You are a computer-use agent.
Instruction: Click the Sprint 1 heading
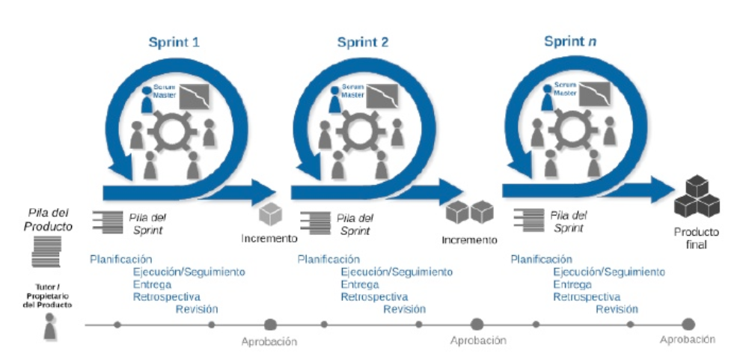(174, 42)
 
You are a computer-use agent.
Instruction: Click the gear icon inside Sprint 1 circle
(171, 135)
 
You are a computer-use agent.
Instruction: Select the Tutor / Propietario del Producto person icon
(50, 327)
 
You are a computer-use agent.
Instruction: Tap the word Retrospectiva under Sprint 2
(375, 297)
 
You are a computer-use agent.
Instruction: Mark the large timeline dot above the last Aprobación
(688, 324)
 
